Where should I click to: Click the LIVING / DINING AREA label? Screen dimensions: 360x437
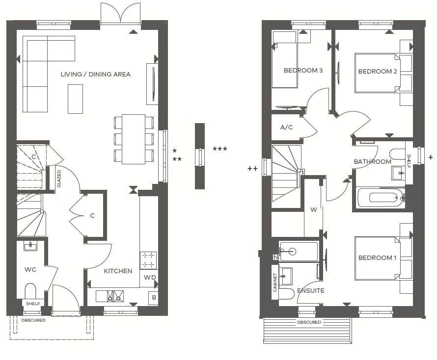click(x=95, y=75)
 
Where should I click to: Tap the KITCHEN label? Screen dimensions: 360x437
click(x=118, y=271)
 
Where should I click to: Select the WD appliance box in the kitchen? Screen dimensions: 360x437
click(x=149, y=278)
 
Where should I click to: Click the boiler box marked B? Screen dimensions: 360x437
click(x=154, y=297)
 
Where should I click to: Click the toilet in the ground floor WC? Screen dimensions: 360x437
click(x=30, y=290)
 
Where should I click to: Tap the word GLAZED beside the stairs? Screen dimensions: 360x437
click(x=59, y=178)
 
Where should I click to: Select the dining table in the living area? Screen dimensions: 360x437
click(x=133, y=139)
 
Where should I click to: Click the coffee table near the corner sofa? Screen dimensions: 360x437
click(x=75, y=99)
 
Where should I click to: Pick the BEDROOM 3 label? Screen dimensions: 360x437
click(x=303, y=71)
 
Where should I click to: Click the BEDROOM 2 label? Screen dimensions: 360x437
click(x=378, y=72)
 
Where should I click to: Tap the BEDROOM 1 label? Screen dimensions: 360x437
click(x=378, y=258)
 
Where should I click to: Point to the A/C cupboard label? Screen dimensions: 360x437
click(x=286, y=128)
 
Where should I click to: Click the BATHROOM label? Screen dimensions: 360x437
click(x=373, y=162)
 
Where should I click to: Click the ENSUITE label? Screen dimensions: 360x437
click(x=310, y=291)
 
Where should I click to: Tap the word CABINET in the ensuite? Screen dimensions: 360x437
click(x=275, y=283)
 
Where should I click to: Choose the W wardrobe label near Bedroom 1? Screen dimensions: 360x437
click(x=313, y=210)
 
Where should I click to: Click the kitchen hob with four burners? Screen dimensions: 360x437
click(x=149, y=260)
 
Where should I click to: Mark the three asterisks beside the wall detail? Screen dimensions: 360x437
click(x=219, y=149)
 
